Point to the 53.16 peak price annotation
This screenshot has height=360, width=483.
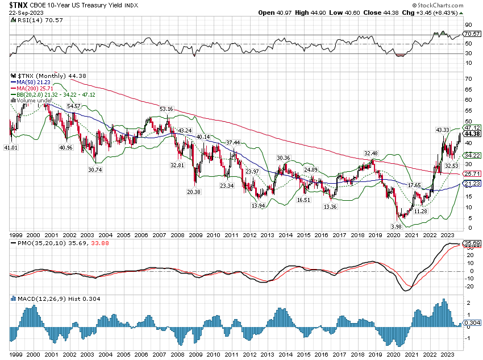[166, 109]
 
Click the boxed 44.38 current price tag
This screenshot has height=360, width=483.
[472, 134]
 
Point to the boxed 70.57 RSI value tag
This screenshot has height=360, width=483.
[472, 34]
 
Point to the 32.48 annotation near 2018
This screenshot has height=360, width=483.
[370, 154]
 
